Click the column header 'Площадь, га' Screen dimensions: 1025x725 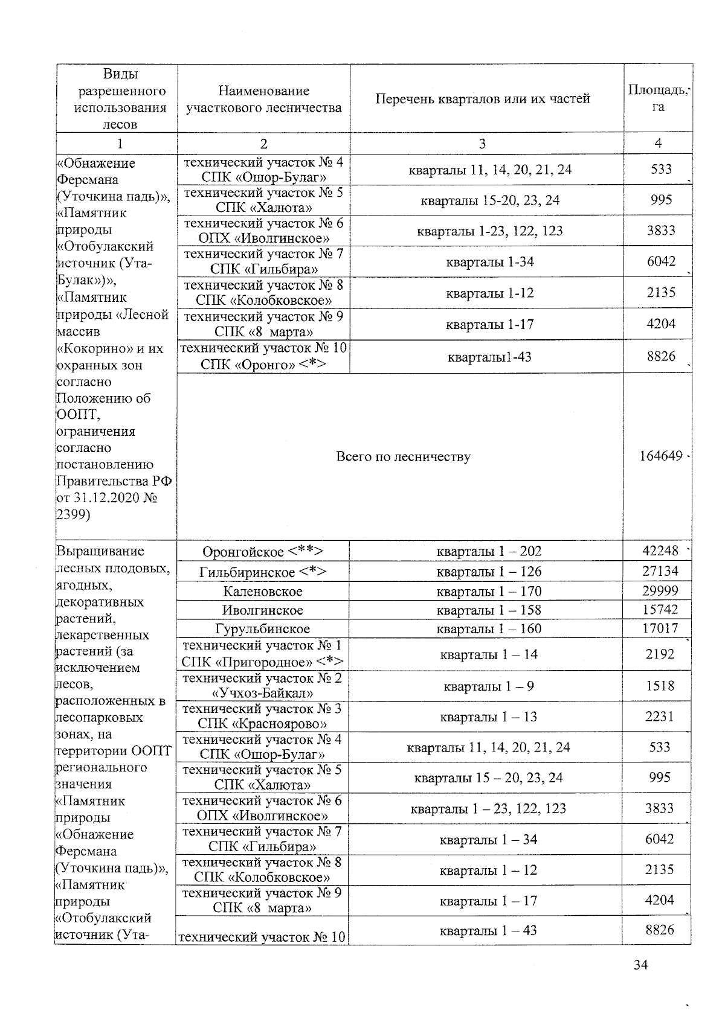(x=658, y=98)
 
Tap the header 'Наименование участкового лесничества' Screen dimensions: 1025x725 (x=263, y=99)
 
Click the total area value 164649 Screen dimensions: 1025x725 (x=661, y=456)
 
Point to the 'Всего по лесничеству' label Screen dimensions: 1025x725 (x=403, y=457)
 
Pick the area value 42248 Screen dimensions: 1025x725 (x=660, y=551)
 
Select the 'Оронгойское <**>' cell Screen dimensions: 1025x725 (x=263, y=552)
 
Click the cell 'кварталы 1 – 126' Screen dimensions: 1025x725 (x=489, y=571)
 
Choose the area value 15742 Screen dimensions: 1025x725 (x=660, y=610)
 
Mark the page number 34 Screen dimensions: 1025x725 (x=640, y=965)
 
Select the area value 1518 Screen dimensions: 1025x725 (x=660, y=686)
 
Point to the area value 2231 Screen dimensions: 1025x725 (x=660, y=717)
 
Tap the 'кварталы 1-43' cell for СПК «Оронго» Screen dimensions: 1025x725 (x=489, y=357)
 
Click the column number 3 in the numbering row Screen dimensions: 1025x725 (x=482, y=144)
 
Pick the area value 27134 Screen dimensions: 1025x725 (x=660, y=571)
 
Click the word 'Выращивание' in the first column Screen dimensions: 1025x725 (x=100, y=551)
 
